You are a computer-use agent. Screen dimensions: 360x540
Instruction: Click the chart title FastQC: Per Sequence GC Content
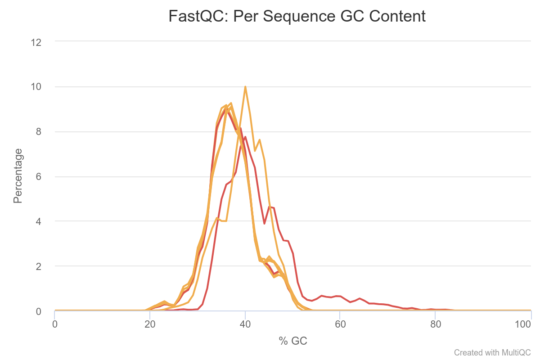click(297, 17)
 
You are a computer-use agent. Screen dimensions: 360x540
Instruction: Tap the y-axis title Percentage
click(18, 176)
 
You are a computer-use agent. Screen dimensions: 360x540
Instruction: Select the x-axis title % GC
click(293, 341)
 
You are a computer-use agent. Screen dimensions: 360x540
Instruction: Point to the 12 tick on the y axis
click(36, 42)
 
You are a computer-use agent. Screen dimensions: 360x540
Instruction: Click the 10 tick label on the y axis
click(36, 87)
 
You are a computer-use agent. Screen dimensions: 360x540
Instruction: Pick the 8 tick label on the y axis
click(38, 132)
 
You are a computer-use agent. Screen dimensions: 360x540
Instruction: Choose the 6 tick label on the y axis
click(38, 176)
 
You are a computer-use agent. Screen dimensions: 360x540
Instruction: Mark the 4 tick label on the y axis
click(38, 221)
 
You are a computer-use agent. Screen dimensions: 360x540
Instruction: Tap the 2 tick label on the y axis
click(38, 266)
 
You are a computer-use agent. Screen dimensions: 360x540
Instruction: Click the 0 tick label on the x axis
click(55, 324)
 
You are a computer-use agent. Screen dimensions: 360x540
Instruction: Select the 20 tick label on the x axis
click(150, 324)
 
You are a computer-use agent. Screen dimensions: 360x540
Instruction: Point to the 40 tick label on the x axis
click(245, 324)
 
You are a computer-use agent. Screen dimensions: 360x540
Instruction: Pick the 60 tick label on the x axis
click(340, 324)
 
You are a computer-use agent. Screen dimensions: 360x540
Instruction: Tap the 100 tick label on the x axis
click(531, 324)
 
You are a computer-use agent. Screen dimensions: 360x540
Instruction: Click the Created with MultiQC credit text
click(492, 352)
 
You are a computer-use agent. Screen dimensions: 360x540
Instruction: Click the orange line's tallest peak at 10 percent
click(245, 87)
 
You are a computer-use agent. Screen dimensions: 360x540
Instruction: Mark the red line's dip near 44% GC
click(264, 224)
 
